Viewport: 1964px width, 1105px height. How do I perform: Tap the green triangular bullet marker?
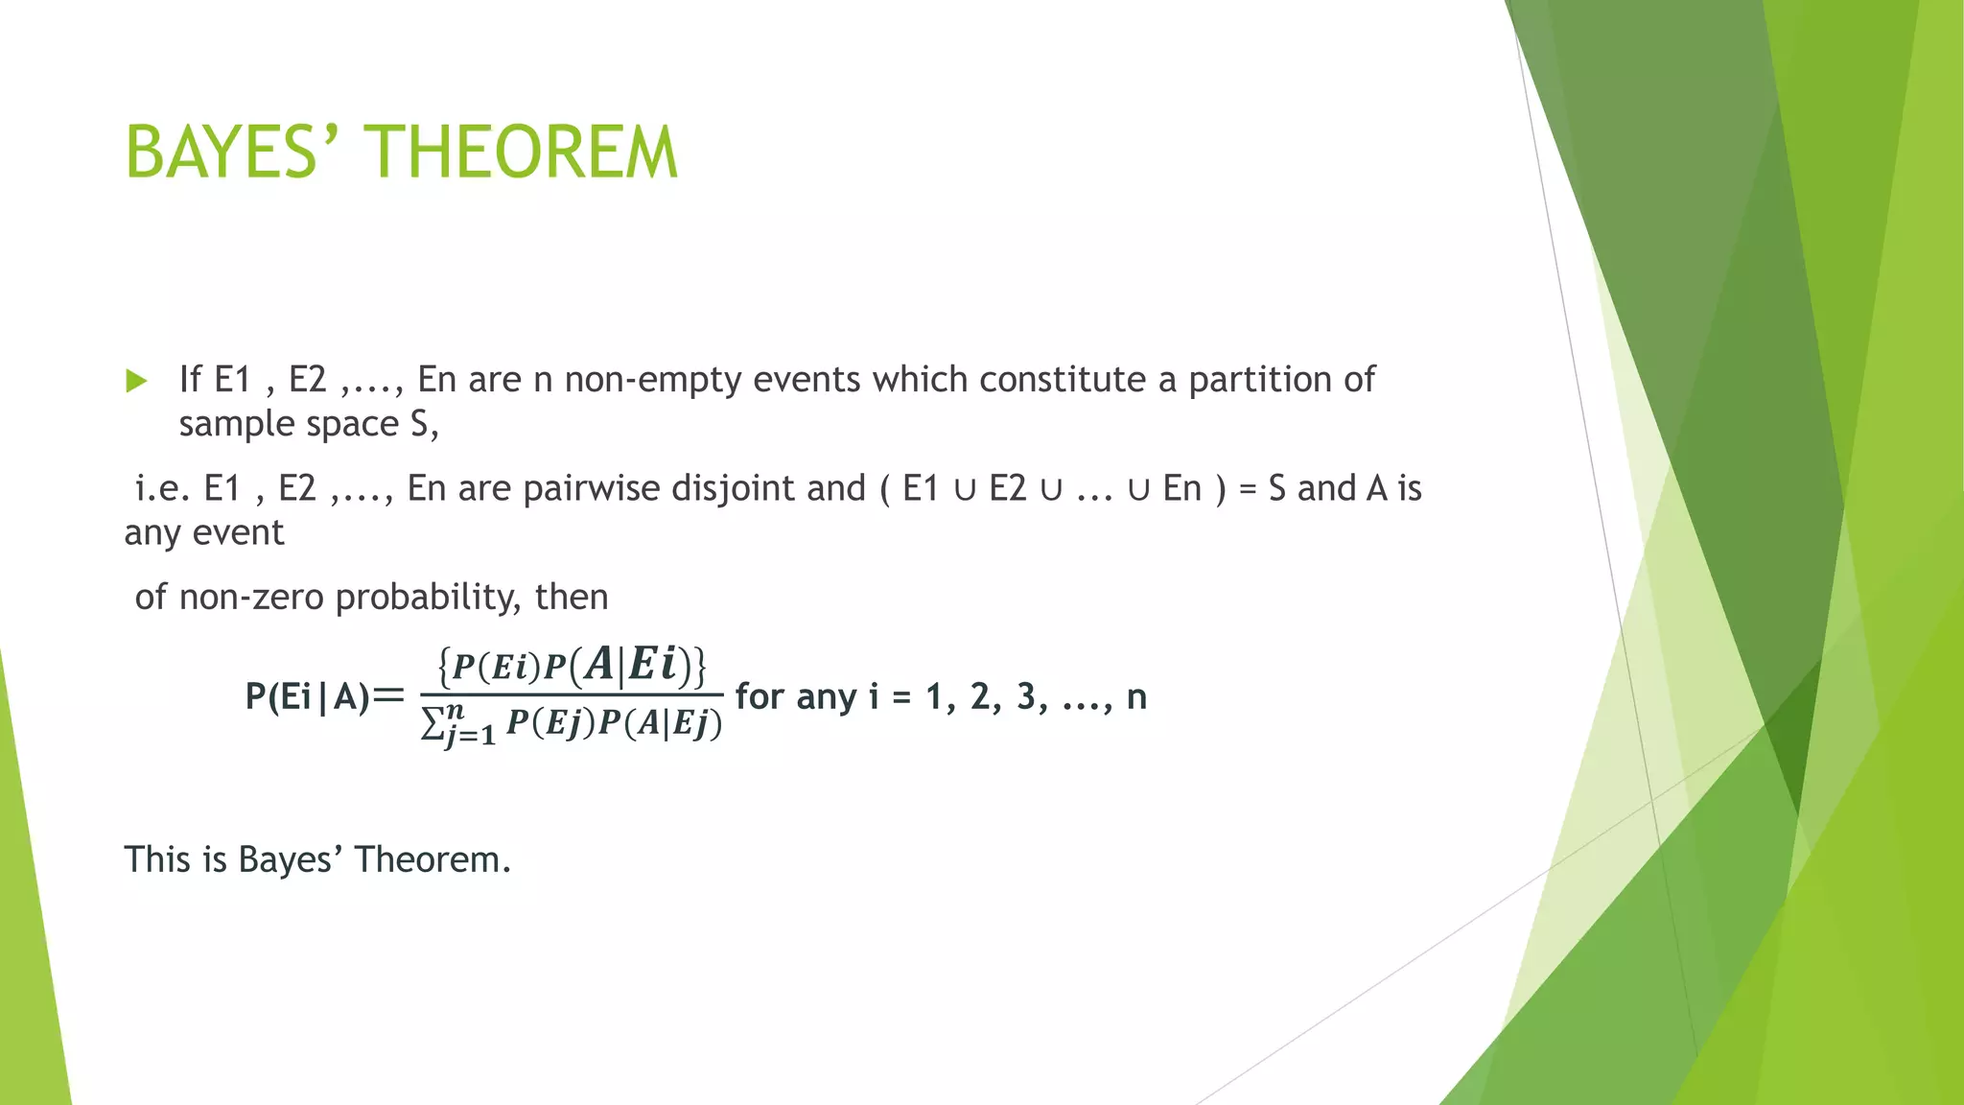[x=136, y=382]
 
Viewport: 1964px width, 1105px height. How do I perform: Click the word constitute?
[x=1063, y=380]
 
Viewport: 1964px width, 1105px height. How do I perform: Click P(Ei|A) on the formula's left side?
[x=307, y=696]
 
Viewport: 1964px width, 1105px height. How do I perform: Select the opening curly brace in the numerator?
[x=444, y=666]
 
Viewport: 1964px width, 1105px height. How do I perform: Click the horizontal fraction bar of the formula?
[x=572, y=694]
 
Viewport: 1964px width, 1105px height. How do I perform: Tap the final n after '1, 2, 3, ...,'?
[x=1136, y=697]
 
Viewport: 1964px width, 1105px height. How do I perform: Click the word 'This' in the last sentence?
[x=157, y=859]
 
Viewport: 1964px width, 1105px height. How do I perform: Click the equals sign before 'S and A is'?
[x=1247, y=490]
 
